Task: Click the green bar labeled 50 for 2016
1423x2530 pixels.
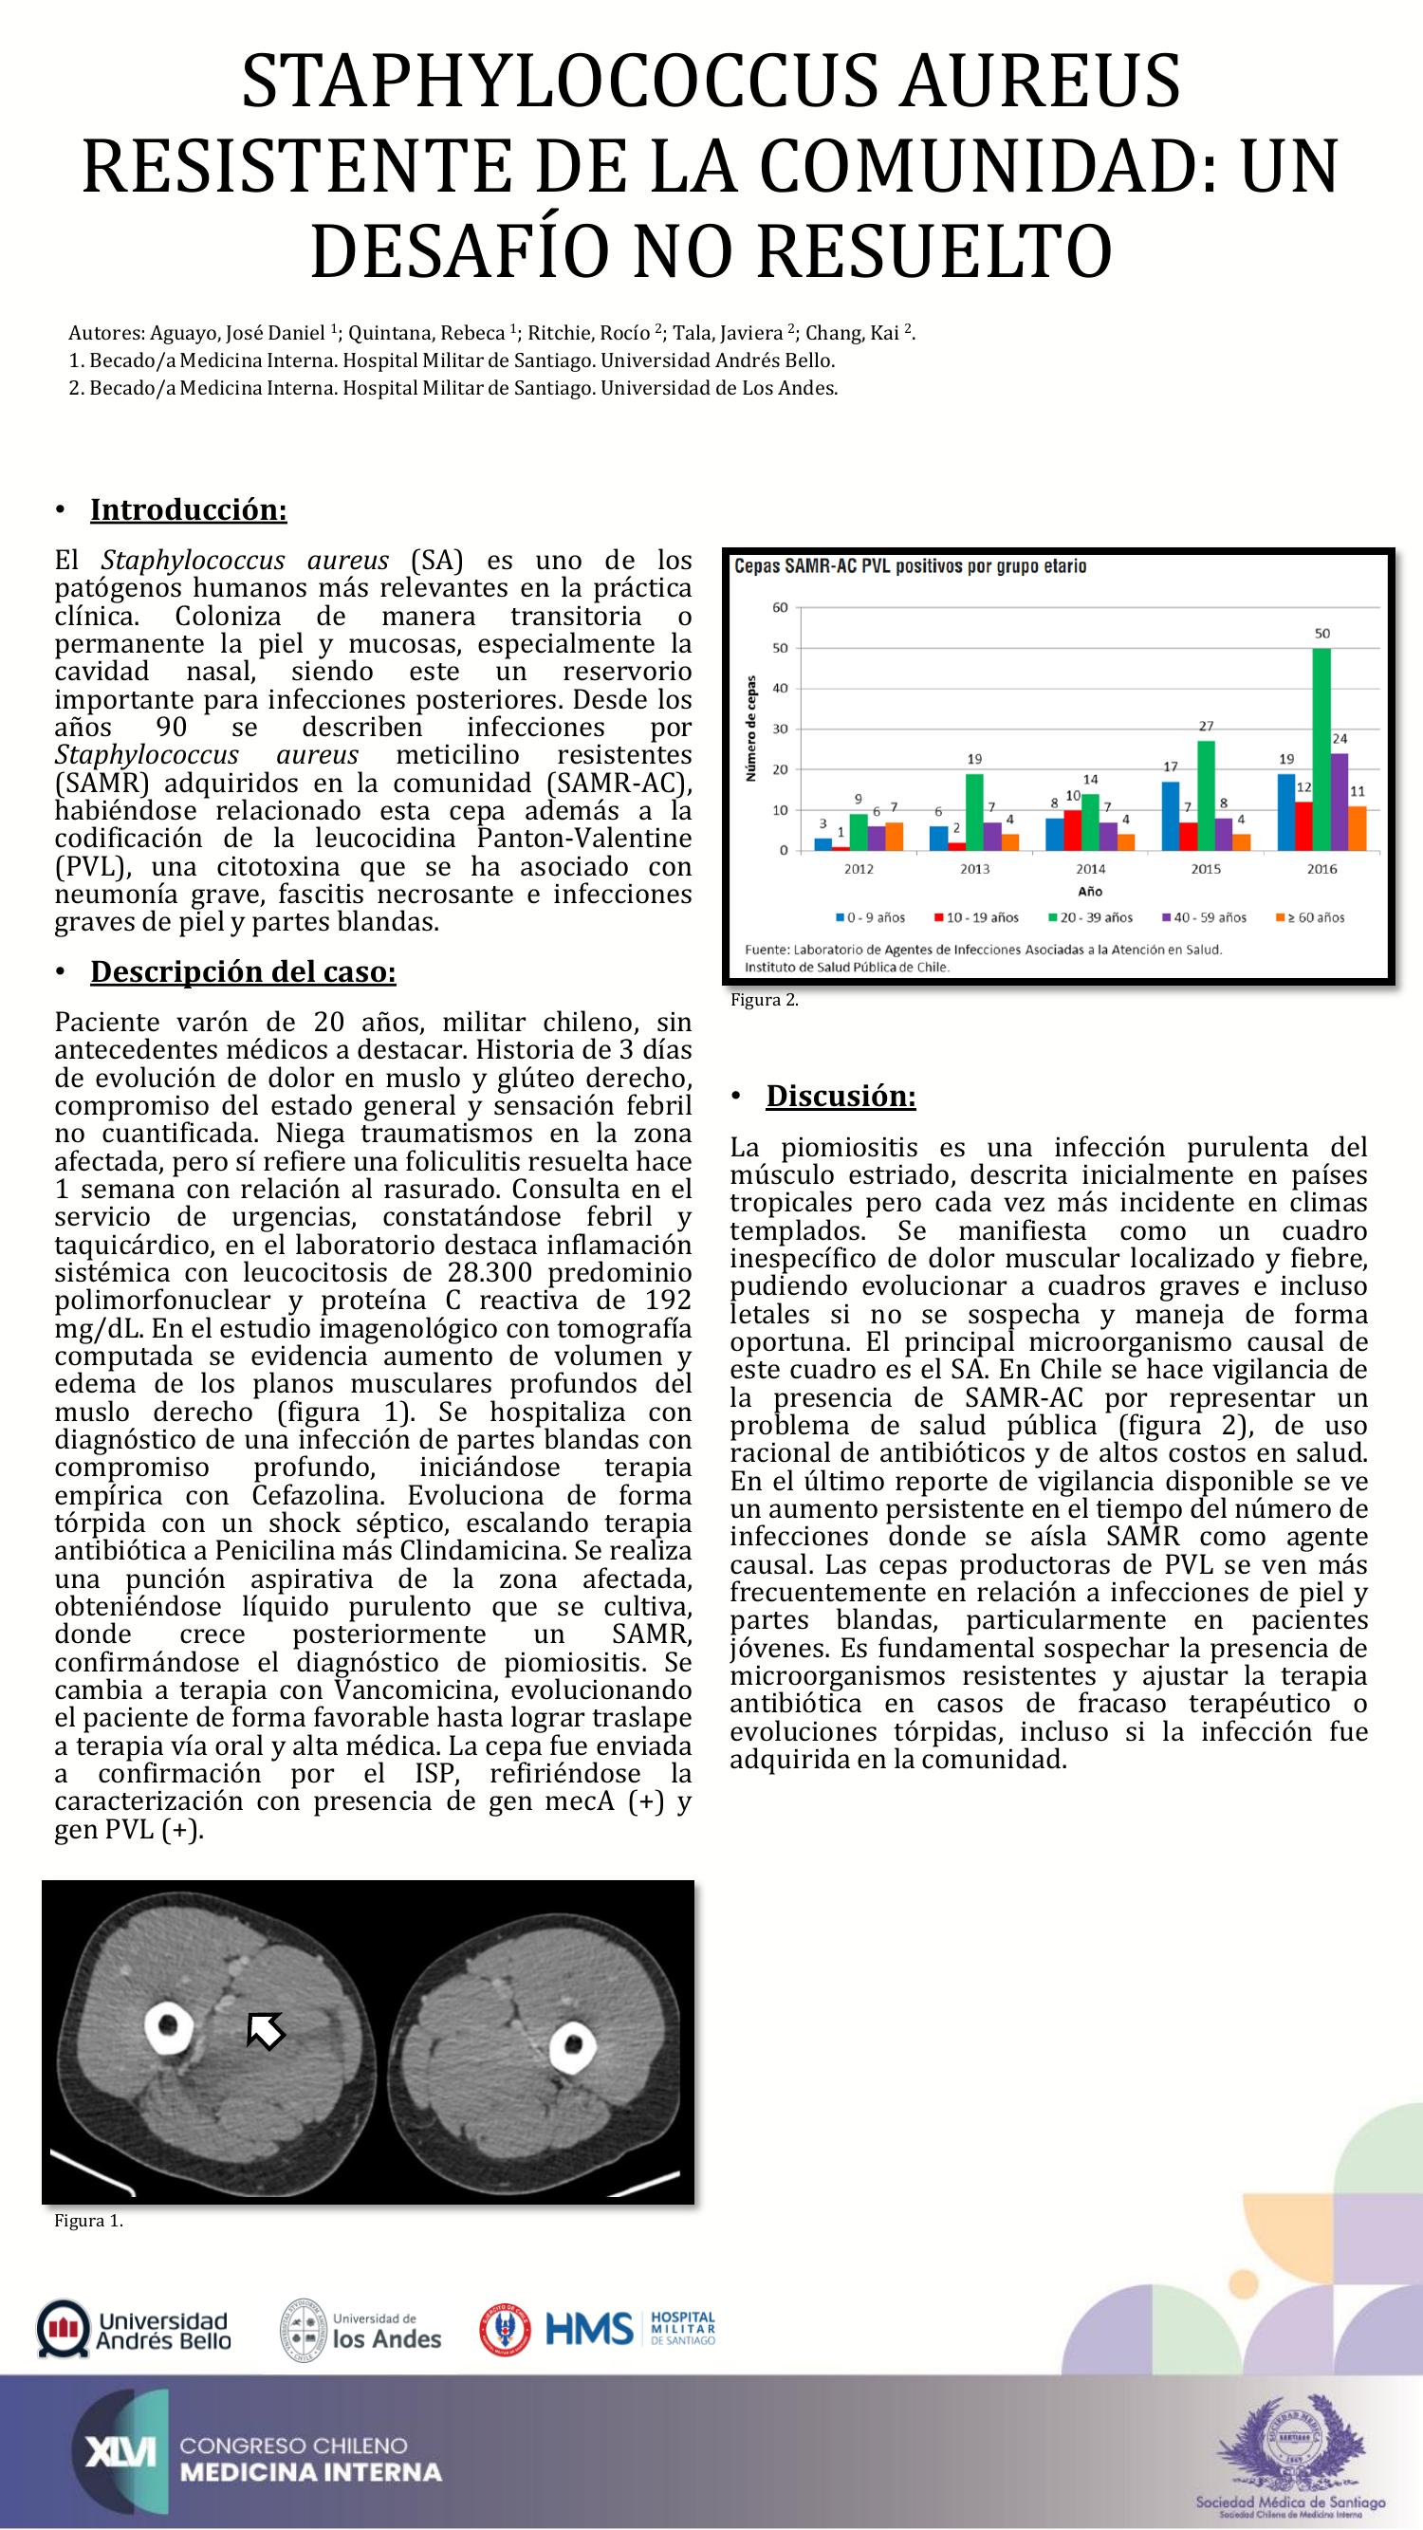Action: point(1321,748)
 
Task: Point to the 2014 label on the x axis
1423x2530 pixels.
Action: point(1090,869)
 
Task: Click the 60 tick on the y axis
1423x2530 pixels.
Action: point(780,607)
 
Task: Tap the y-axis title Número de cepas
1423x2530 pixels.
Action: point(752,728)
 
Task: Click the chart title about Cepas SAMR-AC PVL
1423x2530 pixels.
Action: point(911,566)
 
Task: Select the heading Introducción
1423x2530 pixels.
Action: point(188,509)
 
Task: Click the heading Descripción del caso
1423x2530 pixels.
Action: point(243,971)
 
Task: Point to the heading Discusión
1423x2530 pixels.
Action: point(841,1096)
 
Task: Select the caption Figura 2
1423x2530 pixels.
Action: point(764,1001)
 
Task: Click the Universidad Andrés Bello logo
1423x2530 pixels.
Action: point(134,2328)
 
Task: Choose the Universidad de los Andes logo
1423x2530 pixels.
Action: point(361,2329)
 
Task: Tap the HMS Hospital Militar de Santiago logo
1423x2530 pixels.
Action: point(599,2328)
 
